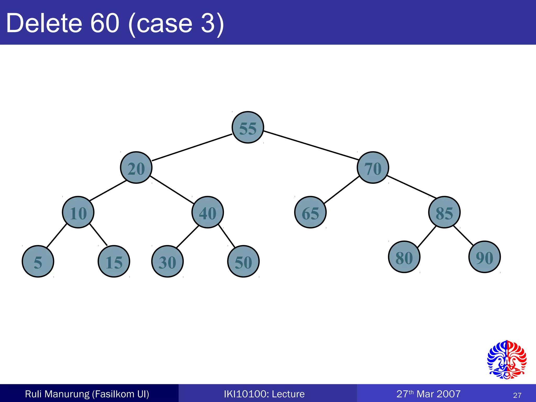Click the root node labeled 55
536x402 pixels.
click(248, 127)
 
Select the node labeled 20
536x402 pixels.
click(136, 167)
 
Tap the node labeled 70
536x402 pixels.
click(373, 167)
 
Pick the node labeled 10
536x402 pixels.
click(78, 212)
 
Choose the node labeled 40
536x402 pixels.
click(208, 212)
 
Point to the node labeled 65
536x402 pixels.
click(310, 212)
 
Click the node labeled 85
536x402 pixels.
click(444, 212)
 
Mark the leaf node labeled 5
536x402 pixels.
click(38, 261)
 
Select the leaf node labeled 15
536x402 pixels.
click(114, 261)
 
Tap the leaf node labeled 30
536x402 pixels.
click(167, 261)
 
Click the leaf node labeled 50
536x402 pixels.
click(243, 261)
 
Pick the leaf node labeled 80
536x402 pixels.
click(404, 257)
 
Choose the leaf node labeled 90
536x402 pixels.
click(484, 257)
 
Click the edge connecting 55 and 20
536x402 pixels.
click(192, 147)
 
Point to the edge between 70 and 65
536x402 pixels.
click(342, 190)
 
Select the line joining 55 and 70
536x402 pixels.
click(311, 145)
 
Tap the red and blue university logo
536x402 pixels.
click(507, 360)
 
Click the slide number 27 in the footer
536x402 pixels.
click(517, 395)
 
